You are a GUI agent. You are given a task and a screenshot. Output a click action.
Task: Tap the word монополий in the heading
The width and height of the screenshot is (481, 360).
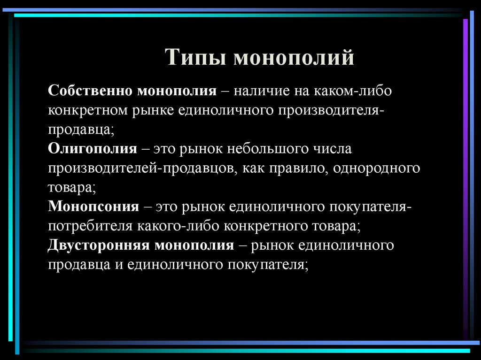(293, 58)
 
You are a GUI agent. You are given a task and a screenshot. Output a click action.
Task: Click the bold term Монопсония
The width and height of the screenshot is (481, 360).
(93, 207)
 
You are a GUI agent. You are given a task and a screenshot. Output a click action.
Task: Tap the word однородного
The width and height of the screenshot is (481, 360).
(376, 168)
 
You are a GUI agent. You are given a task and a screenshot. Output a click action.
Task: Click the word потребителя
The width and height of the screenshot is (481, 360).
(91, 226)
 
